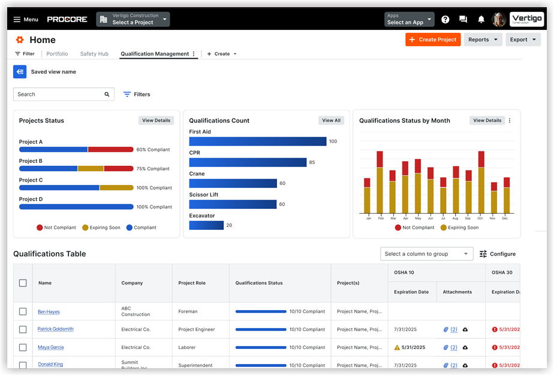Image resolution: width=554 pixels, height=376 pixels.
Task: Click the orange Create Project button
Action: (x=432, y=40)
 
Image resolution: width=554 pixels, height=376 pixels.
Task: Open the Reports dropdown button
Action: (x=483, y=40)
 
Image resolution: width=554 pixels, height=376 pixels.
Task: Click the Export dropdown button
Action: (x=523, y=40)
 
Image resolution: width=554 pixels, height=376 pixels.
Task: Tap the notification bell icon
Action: (x=481, y=19)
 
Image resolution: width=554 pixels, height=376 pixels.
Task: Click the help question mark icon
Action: (x=445, y=19)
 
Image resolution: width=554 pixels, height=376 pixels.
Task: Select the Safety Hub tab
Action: (x=94, y=54)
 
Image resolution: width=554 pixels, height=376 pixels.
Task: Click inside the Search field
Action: (x=59, y=94)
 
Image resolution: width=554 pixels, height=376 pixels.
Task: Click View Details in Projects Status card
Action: (x=156, y=120)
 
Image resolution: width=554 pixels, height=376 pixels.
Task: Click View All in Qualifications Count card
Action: (x=331, y=120)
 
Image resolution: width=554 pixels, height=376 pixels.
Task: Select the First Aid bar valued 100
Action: (x=257, y=141)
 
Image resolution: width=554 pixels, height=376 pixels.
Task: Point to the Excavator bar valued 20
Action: (x=206, y=225)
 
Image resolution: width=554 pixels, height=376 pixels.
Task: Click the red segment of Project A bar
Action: (x=110, y=150)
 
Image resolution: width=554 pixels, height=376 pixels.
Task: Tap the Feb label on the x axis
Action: (x=380, y=219)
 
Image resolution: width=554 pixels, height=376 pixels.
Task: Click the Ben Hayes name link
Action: (x=49, y=312)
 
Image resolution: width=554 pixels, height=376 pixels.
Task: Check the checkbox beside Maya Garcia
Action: (x=23, y=347)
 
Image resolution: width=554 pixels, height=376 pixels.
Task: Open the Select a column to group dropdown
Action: (x=426, y=254)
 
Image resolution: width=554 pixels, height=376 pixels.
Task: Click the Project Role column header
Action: (x=192, y=283)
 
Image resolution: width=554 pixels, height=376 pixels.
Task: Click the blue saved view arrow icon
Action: (x=20, y=72)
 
